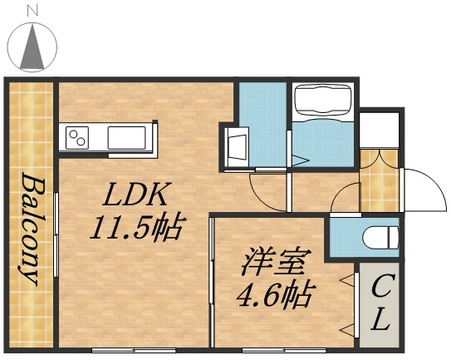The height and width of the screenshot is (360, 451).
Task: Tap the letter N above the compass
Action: [32, 11]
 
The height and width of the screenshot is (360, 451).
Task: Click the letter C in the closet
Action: [380, 290]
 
